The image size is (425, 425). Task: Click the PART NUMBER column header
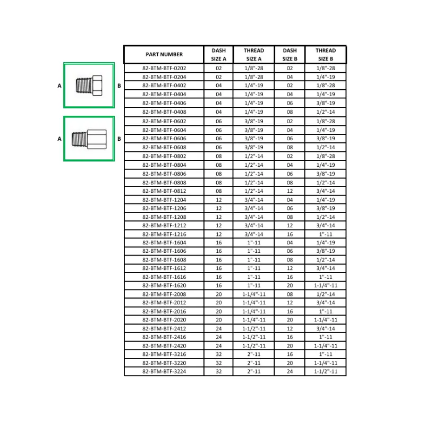click(164, 55)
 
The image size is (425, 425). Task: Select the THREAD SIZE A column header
click(253, 55)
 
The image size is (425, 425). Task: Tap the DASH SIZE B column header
click(290, 55)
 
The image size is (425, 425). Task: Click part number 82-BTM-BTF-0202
click(164, 69)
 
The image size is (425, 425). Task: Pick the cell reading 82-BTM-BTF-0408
click(164, 112)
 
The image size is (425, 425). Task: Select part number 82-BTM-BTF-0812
click(164, 191)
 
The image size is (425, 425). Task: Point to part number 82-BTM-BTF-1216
click(164, 234)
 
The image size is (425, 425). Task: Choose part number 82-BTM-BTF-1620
click(164, 285)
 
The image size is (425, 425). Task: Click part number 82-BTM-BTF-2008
click(164, 294)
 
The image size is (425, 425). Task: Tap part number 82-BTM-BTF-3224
click(164, 371)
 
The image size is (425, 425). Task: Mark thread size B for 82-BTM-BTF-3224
click(326, 371)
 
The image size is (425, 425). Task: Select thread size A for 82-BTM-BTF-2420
click(253, 346)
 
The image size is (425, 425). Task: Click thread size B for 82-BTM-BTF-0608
click(326, 147)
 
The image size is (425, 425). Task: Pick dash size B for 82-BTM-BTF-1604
click(290, 242)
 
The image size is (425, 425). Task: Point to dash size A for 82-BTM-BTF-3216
click(218, 354)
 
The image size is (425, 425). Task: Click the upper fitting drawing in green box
click(89, 85)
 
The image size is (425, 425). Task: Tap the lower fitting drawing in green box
click(89, 139)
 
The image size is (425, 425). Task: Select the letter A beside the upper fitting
click(59, 85)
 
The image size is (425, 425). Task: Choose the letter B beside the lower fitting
click(119, 139)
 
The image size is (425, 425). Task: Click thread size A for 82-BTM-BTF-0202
click(253, 69)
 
